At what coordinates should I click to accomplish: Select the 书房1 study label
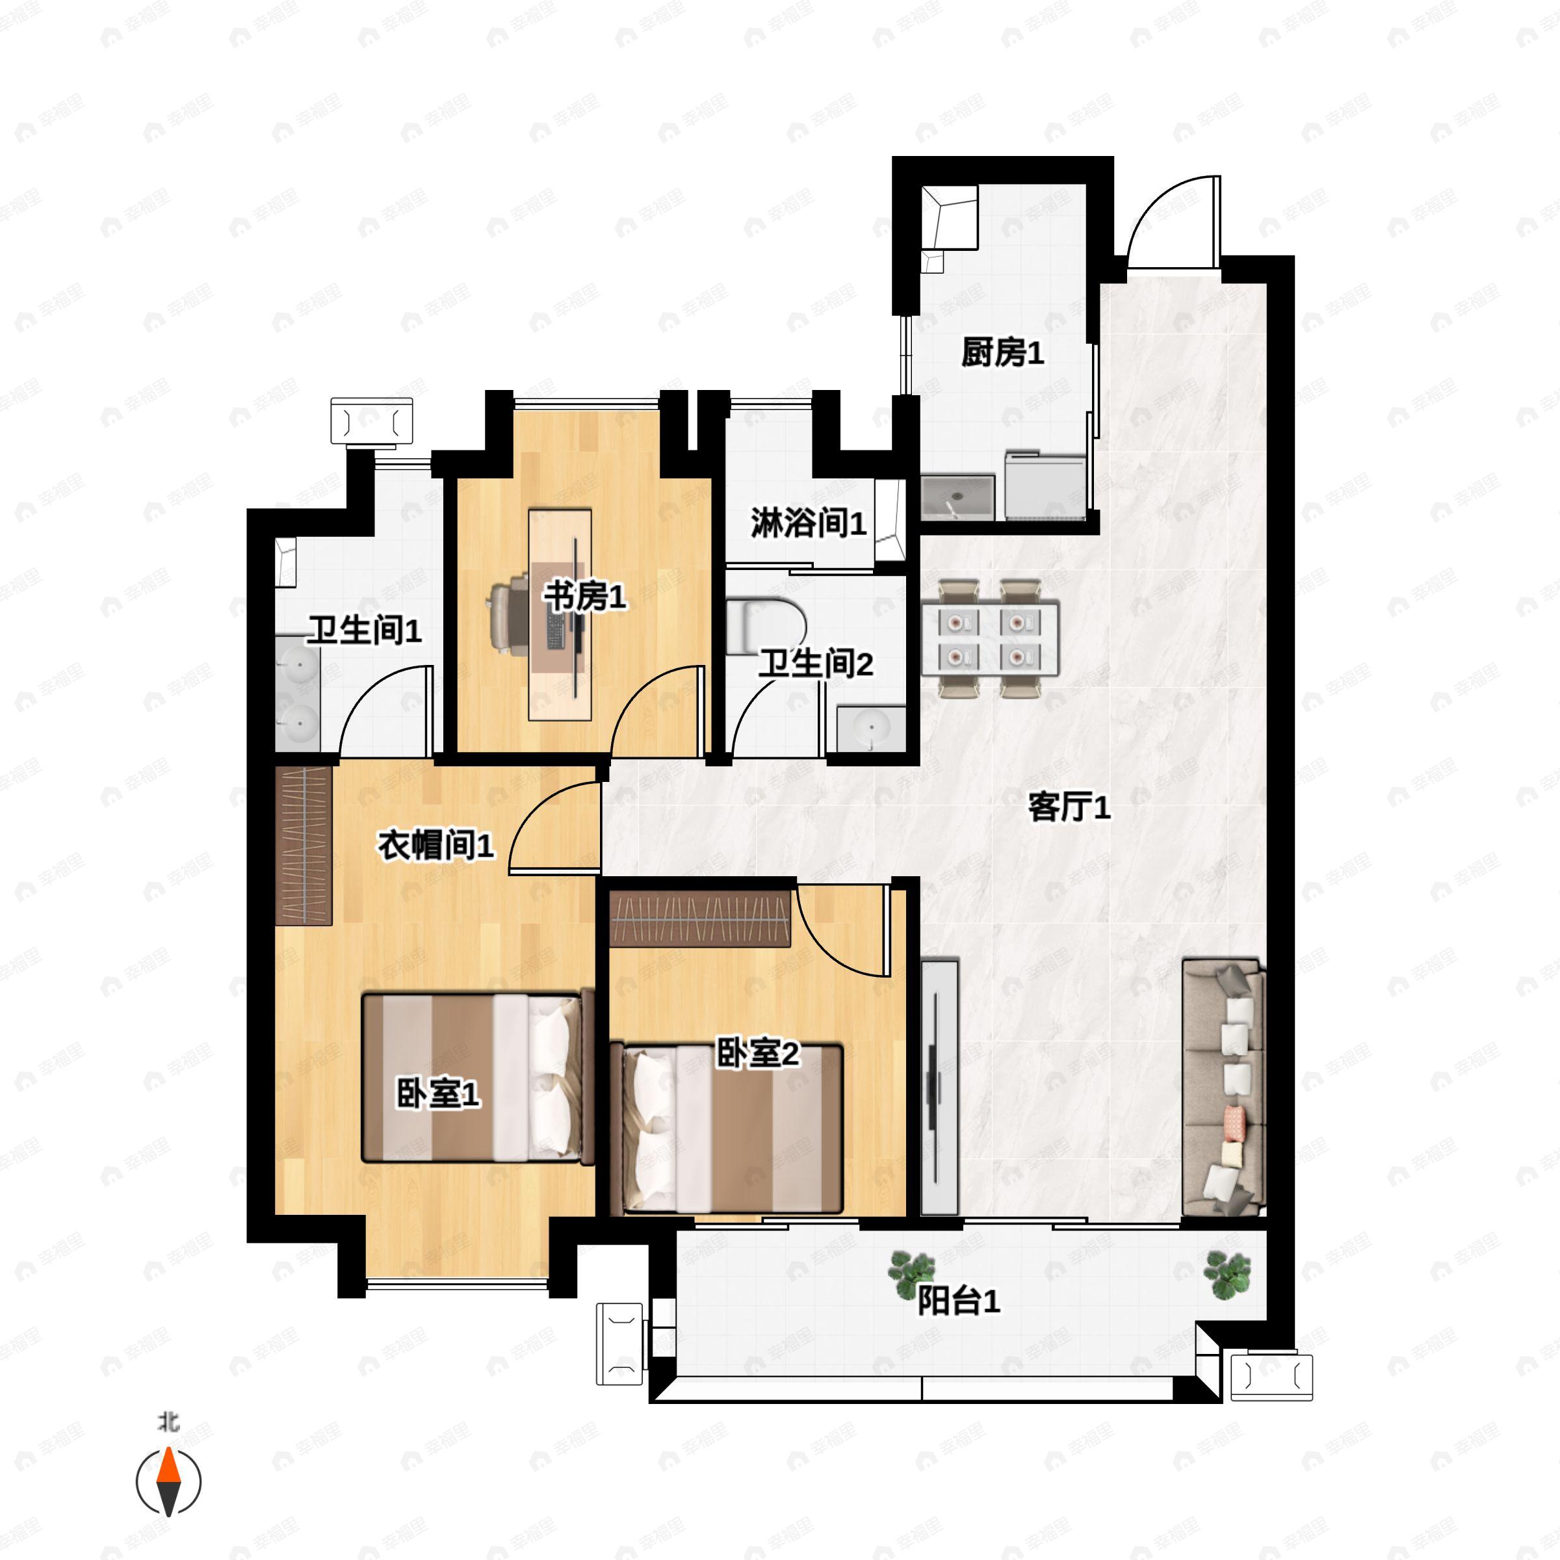[584, 597]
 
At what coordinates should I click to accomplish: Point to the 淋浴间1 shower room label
[808, 523]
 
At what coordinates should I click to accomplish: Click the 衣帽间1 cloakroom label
[435, 846]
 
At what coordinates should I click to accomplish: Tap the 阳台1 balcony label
[959, 1301]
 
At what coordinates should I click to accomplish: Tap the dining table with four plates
[990, 637]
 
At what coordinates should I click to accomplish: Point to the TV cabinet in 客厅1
[939, 1087]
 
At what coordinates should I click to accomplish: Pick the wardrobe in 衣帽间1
[304, 844]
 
